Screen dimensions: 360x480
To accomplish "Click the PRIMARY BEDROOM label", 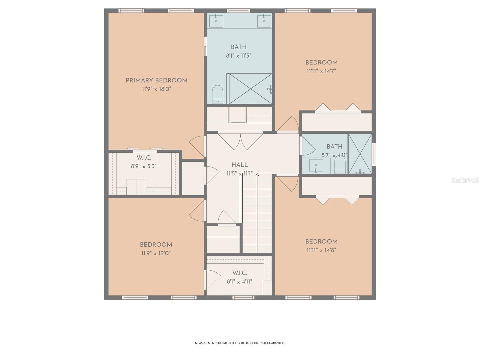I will [x=156, y=80].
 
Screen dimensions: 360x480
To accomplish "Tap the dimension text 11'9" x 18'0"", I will [x=156, y=89].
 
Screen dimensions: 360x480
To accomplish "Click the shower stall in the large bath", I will [x=250, y=88].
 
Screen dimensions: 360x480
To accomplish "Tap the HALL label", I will [x=239, y=165].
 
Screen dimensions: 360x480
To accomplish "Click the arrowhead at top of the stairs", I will [x=257, y=175].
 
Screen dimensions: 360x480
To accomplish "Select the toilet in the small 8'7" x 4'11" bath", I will [x=340, y=165].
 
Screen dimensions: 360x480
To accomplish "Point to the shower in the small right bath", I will [x=360, y=154].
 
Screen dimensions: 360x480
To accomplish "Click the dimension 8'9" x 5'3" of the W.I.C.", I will [x=144, y=166].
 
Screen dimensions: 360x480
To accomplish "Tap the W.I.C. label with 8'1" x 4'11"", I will [x=239, y=273].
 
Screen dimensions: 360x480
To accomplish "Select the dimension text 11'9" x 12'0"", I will [x=156, y=253].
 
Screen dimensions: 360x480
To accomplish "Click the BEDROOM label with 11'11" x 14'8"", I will [x=321, y=241].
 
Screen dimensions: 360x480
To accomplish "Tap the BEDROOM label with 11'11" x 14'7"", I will [x=321, y=63].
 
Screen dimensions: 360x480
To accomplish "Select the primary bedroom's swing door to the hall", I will [x=197, y=146].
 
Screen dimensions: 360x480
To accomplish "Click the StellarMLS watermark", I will [x=465, y=180].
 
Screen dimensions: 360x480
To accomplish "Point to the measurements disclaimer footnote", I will [x=241, y=343].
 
